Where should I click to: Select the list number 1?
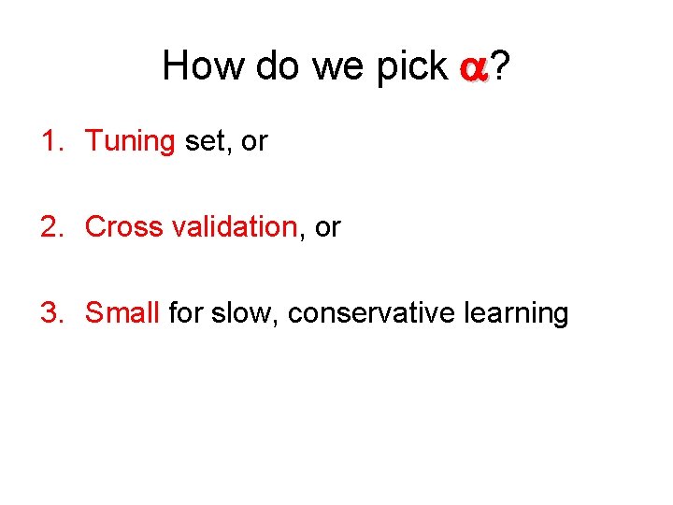click(50, 141)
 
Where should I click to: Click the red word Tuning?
click(130, 142)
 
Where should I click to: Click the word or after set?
click(254, 142)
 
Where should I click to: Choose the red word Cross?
click(123, 226)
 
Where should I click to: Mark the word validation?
click(232, 226)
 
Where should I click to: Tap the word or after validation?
click(328, 226)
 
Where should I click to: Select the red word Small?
click(122, 312)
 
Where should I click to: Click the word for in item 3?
click(185, 312)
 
